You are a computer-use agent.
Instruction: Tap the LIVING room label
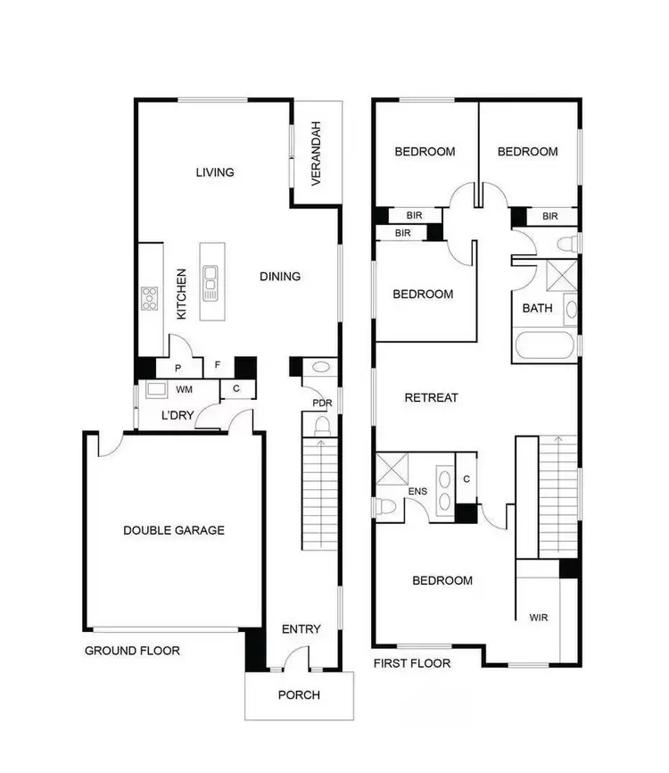(x=215, y=172)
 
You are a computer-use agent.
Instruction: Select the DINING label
(x=280, y=277)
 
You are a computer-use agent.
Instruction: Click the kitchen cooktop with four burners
(x=149, y=297)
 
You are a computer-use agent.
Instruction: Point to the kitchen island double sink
(x=211, y=284)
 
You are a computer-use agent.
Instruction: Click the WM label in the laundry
(x=184, y=390)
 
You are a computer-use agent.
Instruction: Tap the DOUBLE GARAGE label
(x=174, y=530)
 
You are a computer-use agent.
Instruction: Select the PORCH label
(x=299, y=694)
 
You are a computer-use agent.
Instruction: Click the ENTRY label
(x=301, y=629)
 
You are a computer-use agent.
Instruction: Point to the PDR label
(x=322, y=403)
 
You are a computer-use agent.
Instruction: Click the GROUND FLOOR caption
(x=132, y=651)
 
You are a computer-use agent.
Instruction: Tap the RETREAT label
(x=431, y=398)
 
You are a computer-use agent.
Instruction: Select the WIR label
(x=538, y=617)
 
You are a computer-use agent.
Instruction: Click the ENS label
(x=417, y=492)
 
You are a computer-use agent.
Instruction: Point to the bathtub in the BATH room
(x=545, y=346)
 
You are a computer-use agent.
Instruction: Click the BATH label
(x=537, y=309)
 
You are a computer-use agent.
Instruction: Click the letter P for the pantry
(x=178, y=368)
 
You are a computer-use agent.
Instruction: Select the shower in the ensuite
(x=391, y=469)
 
